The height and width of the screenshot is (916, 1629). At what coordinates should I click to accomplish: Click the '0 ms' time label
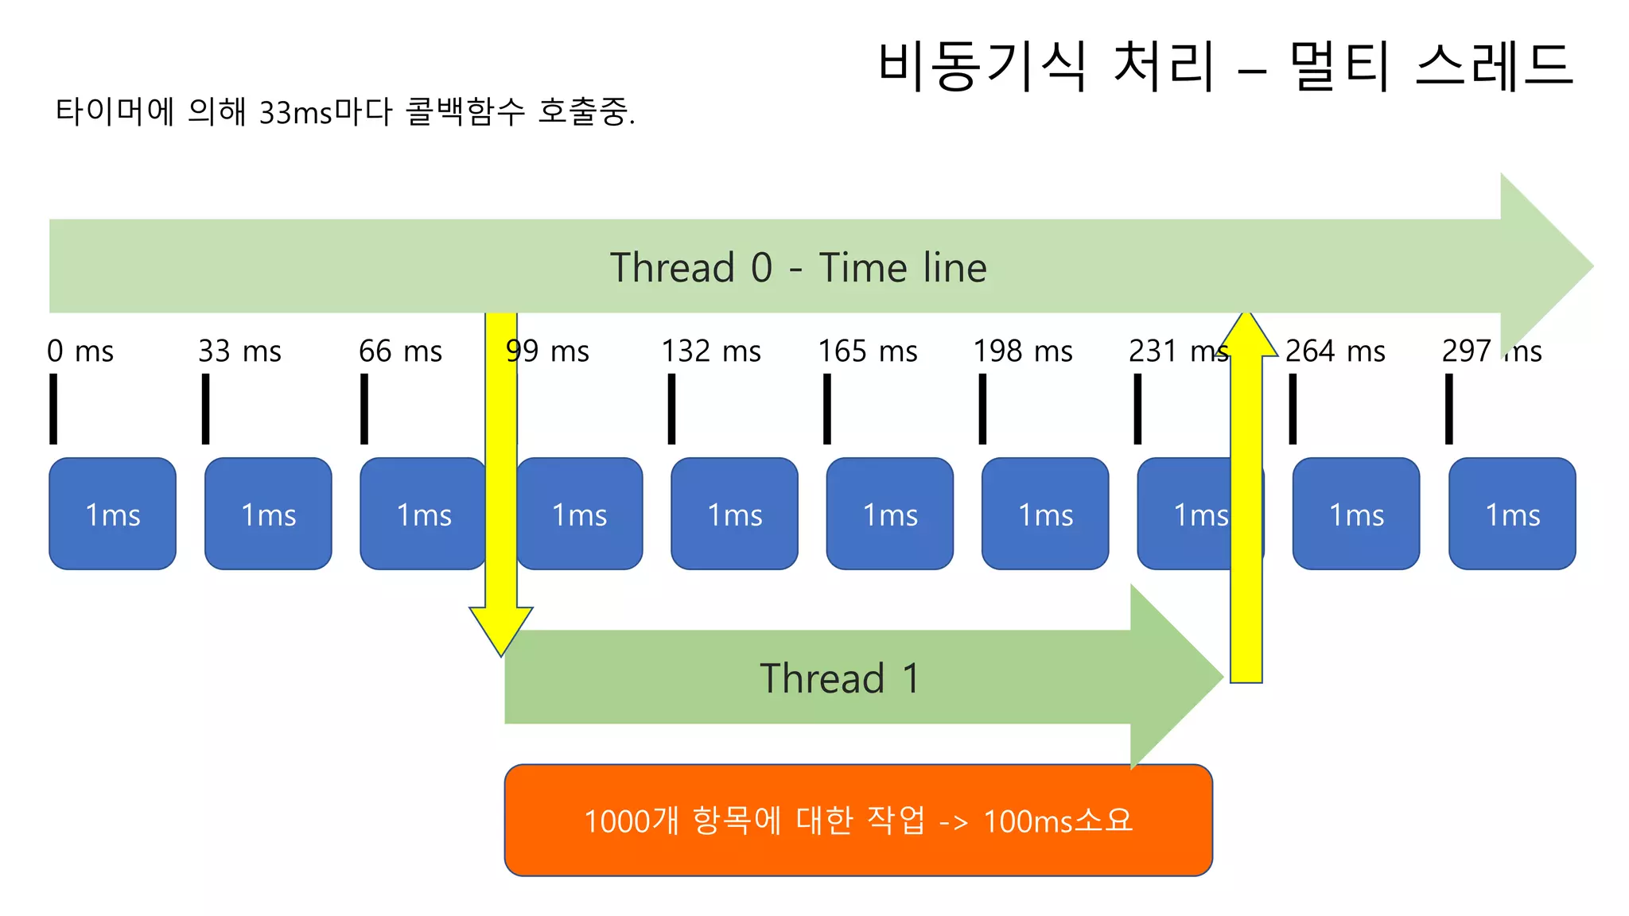coord(80,351)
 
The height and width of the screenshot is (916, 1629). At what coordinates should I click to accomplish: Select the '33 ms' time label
coord(239,351)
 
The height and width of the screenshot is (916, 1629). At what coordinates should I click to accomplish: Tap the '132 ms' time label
coord(711,351)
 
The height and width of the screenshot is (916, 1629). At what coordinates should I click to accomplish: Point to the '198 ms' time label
coord(1023,351)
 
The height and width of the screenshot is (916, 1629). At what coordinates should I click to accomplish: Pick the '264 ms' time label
coord(1335,351)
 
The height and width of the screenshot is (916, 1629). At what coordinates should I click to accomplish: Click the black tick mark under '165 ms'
coord(827,409)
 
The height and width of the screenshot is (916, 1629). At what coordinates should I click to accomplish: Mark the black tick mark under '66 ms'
coord(364,409)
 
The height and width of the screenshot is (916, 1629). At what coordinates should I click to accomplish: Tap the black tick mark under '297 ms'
coord(1449,409)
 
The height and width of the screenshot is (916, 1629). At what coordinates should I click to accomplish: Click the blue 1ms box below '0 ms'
coord(112,514)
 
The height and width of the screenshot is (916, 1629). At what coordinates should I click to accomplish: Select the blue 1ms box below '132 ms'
coord(734,514)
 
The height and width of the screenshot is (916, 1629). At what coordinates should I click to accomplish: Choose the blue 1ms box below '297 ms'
coord(1512,514)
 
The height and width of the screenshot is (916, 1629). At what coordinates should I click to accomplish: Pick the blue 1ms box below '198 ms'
coord(1045,514)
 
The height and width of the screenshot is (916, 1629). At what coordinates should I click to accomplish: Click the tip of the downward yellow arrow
coord(501,654)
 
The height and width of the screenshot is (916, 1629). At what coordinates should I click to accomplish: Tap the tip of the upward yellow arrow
coord(1246,315)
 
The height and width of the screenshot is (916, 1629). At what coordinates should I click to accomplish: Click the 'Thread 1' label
coord(839,678)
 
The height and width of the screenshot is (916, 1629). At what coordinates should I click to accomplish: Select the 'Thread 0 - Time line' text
coord(798,267)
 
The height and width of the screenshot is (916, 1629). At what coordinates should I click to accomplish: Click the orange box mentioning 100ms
coord(858,820)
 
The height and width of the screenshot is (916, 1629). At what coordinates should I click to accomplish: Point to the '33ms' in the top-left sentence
coord(295,113)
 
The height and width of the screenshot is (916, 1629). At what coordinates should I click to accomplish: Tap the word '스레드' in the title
coord(1494,64)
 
